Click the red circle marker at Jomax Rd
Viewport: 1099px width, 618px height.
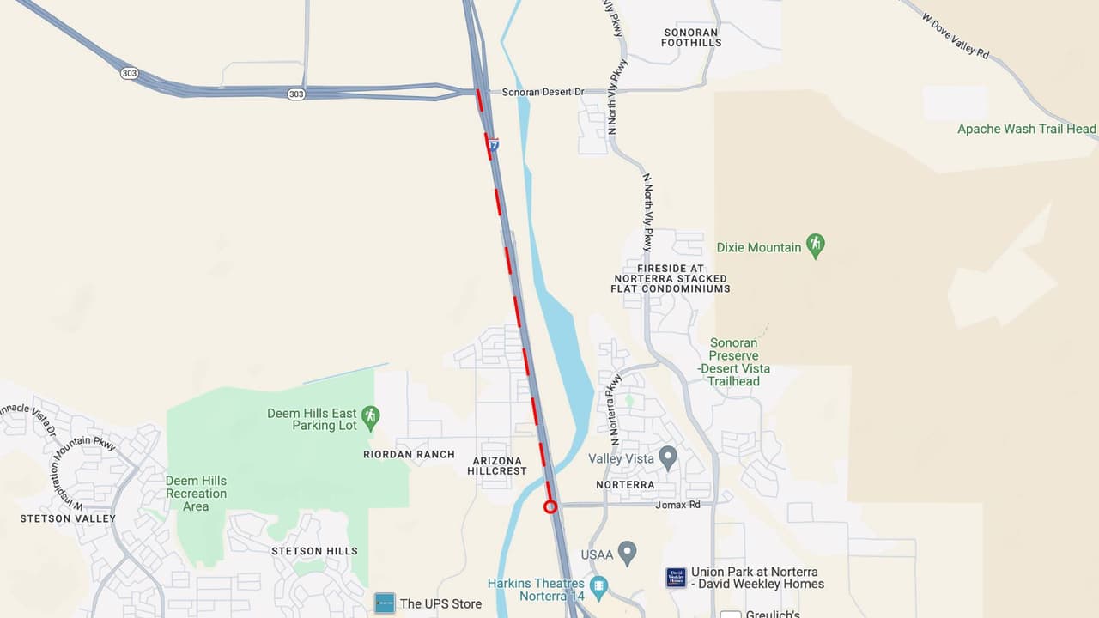(x=550, y=506)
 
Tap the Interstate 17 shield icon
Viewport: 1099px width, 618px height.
(x=493, y=145)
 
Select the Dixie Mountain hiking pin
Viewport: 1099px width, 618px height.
(x=816, y=246)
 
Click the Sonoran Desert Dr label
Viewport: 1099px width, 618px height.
(x=543, y=92)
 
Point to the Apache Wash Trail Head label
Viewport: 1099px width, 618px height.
(x=1027, y=129)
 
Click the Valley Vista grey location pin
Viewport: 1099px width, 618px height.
(x=668, y=457)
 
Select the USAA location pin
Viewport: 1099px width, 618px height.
(x=628, y=554)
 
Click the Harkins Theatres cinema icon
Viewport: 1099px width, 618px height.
(x=599, y=589)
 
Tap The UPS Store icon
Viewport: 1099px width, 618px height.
(x=385, y=603)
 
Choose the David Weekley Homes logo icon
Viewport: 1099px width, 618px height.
(x=676, y=578)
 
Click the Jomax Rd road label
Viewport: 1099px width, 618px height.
(x=677, y=505)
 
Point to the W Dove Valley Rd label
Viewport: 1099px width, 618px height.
(x=956, y=35)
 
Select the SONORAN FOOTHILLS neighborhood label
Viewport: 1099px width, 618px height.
(x=691, y=37)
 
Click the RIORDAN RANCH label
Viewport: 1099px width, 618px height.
(x=409, y=454)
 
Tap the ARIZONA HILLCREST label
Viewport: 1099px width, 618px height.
(x=498, y=466)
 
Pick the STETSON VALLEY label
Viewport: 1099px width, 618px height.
(x=68, y=518)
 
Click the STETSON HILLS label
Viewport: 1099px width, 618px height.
(x=315, y=551)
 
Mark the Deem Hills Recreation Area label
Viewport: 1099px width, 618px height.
(x=196, y=494)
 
